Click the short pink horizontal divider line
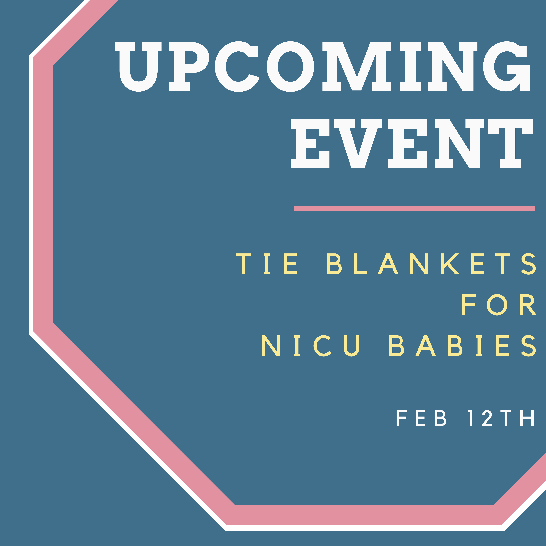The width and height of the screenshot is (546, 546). (414, 208)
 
